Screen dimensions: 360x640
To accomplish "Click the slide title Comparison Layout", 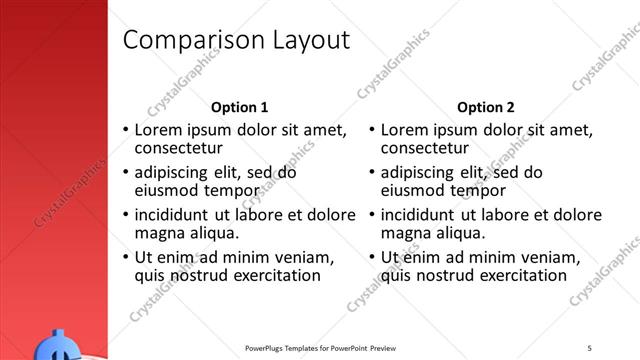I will [x=235, y=40].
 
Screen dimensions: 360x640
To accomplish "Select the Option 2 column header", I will [x=486, y=107].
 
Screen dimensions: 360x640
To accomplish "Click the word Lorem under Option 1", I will [x=158, y=130].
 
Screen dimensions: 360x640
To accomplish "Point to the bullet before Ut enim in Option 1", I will [x=125, y=258].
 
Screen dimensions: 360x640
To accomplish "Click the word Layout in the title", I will [x=309, y=40].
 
